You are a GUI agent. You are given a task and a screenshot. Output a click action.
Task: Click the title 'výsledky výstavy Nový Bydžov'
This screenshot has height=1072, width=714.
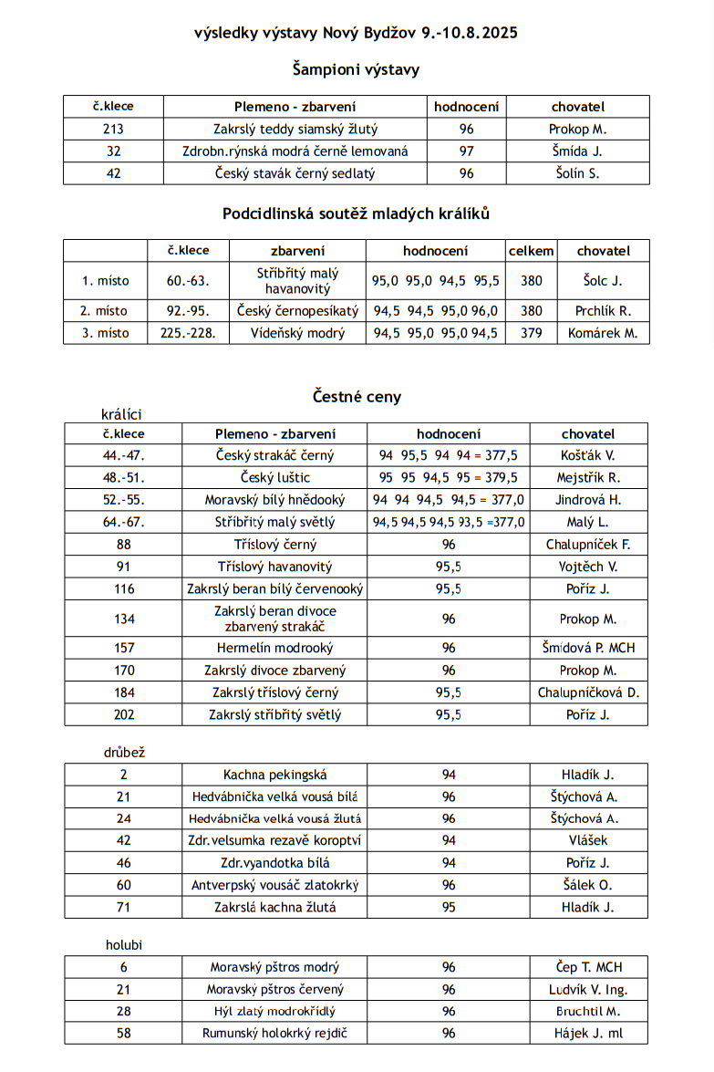click(356, 34)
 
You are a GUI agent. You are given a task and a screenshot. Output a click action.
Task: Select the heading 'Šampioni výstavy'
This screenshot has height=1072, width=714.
click(356, 69)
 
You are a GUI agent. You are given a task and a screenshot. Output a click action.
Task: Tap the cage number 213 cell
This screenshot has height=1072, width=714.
click(113, 130)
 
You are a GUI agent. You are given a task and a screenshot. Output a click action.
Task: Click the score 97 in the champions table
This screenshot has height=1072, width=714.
click(466, 151)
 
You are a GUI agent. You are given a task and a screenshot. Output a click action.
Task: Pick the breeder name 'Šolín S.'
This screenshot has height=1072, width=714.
click(577, 173)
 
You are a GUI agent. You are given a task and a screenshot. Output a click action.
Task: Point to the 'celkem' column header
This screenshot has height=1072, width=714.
click(531, 251)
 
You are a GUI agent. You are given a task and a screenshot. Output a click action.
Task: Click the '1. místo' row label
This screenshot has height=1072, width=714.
click(105, 281)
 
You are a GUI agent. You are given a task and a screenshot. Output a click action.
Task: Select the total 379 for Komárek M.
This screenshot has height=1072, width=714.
click(531, 333)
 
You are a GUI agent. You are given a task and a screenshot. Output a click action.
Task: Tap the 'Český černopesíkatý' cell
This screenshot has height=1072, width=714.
click(297, 311)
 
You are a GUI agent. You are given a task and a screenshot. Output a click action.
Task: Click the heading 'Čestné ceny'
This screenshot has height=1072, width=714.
click(357, 397)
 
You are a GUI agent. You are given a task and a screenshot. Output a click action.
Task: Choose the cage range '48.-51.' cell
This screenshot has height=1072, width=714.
click(123, 477)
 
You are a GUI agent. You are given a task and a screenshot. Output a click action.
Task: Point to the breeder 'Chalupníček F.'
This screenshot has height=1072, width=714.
click(588, 545)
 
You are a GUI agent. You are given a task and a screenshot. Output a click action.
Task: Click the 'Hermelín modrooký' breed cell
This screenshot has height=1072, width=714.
click(274, 648)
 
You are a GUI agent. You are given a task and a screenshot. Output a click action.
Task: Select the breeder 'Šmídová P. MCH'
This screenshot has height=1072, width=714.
click(588, 648)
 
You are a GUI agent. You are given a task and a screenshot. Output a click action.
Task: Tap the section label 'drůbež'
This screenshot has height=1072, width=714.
click(124, 753)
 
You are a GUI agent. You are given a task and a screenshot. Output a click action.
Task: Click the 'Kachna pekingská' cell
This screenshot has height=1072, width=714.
click(274, 775)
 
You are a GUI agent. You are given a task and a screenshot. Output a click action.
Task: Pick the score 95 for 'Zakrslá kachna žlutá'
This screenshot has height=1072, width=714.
click(448, 907)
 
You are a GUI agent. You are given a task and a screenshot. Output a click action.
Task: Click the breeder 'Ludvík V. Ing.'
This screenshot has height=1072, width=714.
click(588, 990)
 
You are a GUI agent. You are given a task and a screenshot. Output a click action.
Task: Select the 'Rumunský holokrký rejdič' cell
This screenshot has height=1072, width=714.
click(274, 1034)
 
